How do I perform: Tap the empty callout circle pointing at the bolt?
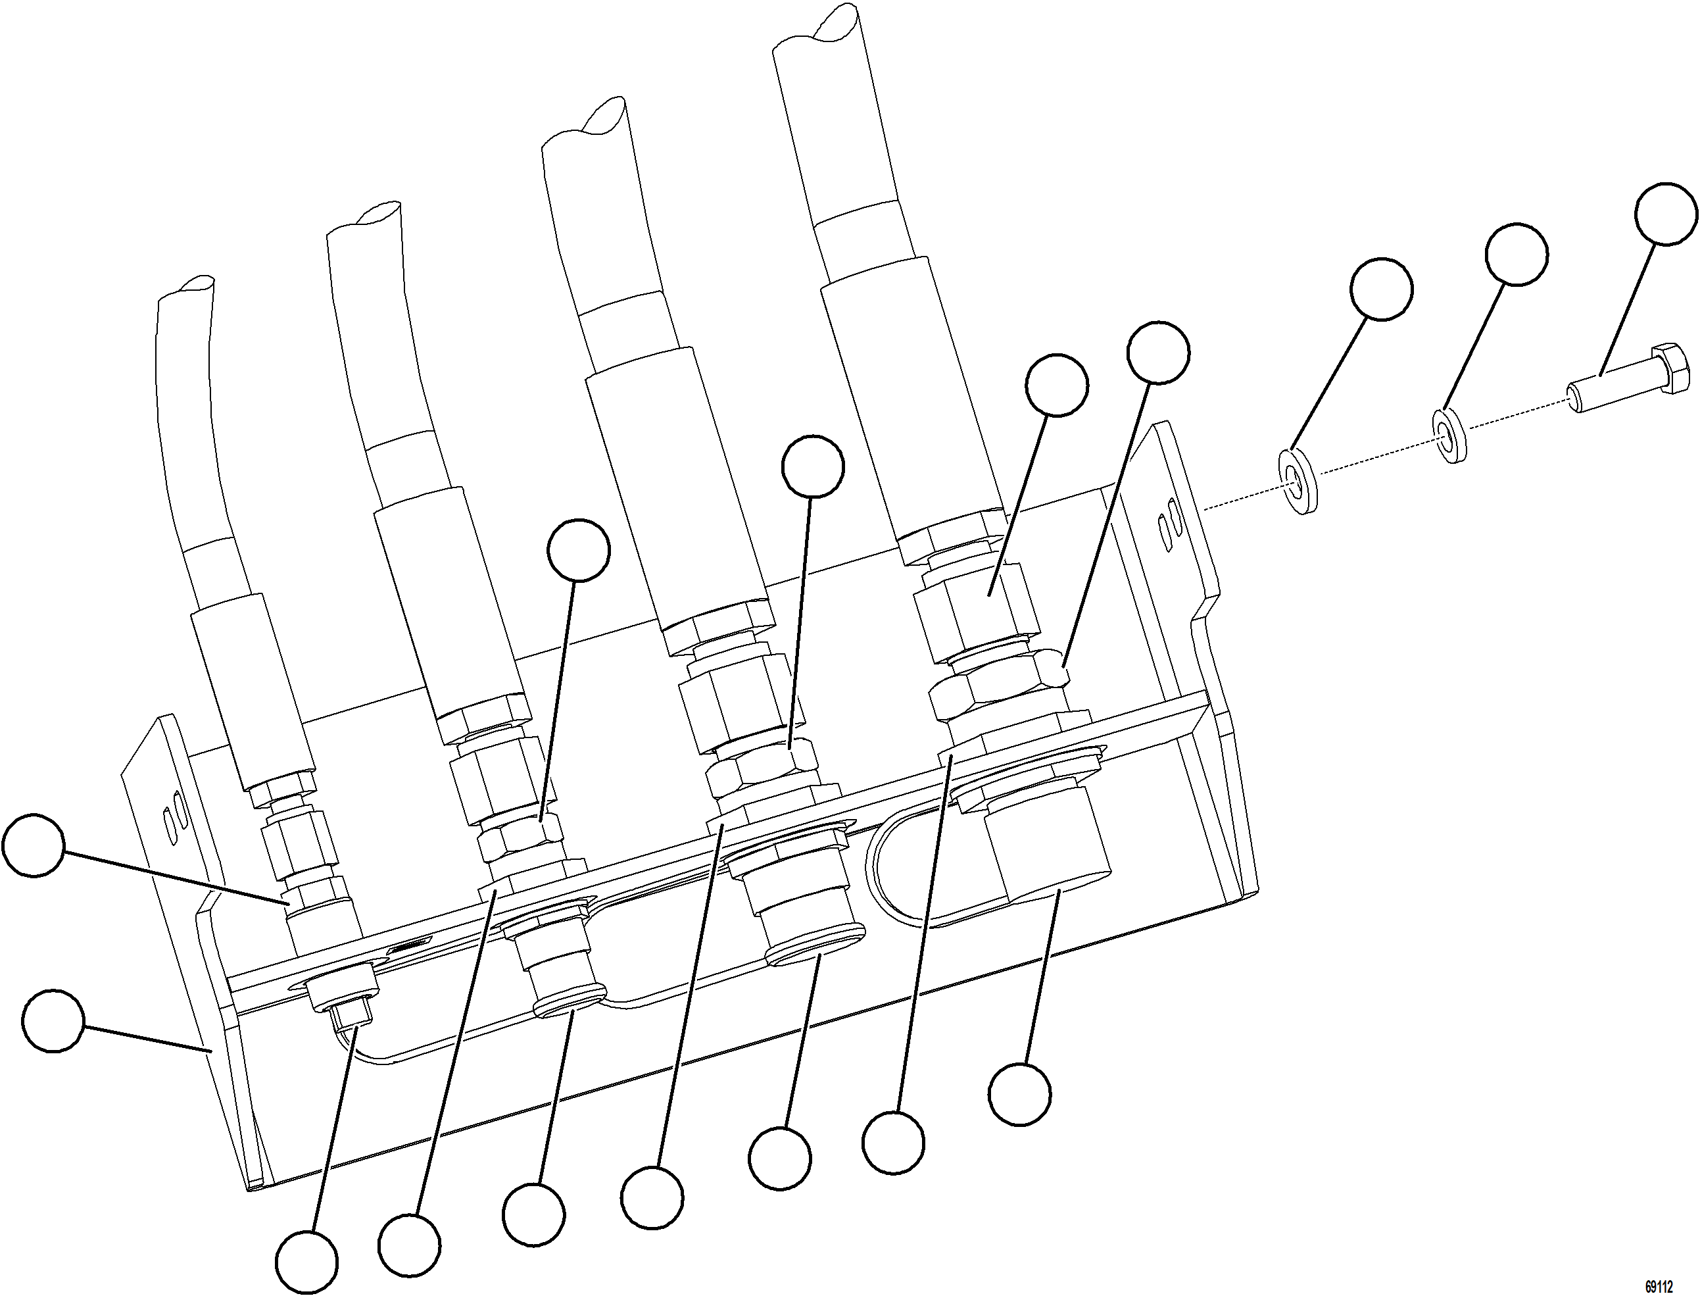coord(1666,214)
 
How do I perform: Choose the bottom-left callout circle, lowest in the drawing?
coord(306,1262)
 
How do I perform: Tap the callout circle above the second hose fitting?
coord(579,549)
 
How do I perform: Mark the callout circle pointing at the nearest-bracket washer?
coord(1382,289)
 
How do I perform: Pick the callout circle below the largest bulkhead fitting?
coord(1019,1094)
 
